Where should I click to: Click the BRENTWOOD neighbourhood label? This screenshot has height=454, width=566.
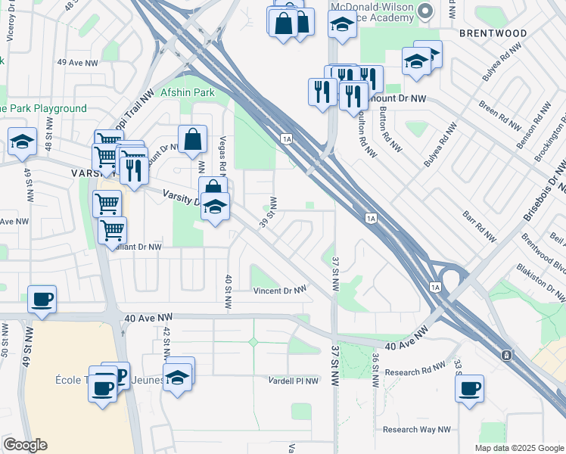[x=493, y=33]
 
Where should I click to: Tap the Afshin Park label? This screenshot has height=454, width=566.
[x=187, y=93]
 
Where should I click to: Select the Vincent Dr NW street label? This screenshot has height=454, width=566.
[x=280, y=291]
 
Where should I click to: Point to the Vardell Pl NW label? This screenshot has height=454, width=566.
[x=292, y=381]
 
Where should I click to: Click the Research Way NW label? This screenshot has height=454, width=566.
[x=416, y=429]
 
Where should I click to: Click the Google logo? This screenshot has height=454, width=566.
[x=25, y=445]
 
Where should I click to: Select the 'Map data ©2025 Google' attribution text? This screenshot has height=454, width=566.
[x=519, y=448]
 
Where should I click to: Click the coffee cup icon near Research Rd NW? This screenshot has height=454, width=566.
[x=470, y=389]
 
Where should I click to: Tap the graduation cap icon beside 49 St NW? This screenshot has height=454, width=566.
[x=23, y=141]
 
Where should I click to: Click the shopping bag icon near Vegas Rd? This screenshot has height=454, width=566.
[x=193, y=138]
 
